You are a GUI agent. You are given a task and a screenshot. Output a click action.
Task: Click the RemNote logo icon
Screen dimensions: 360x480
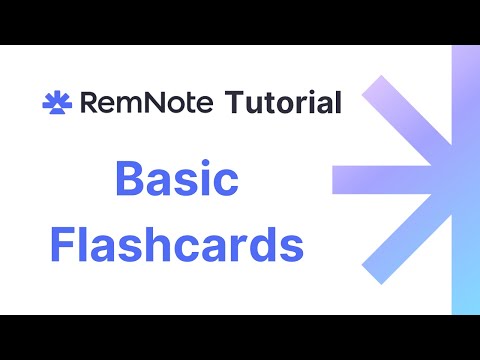[x=56, y=102]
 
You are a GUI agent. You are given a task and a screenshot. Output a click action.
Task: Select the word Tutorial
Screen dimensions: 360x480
[x=284, y=102]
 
